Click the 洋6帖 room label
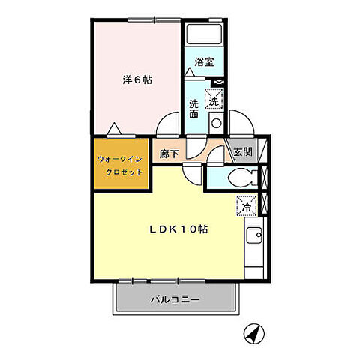coord(137,79)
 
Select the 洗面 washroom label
coord(193,109)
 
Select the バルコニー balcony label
coord(174,298)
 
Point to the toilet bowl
coord(240,178)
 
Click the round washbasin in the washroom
coord(215,124)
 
